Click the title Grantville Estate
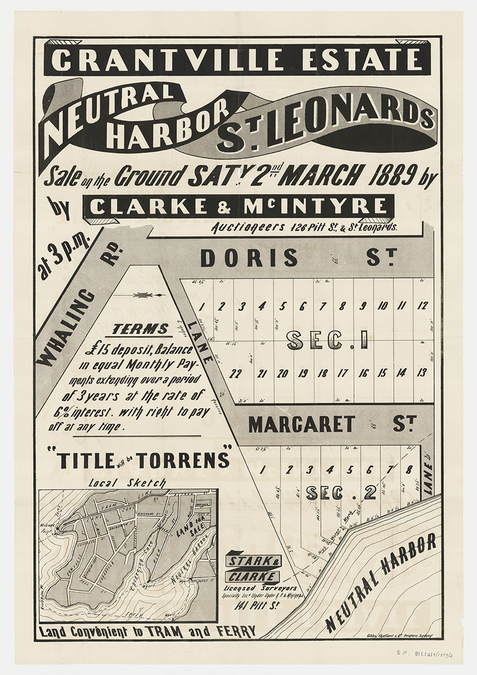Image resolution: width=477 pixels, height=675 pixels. coord(237,60)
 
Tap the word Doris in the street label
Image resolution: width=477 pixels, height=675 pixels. coord(249,258)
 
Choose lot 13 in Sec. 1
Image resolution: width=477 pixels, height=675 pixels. coord(423,372)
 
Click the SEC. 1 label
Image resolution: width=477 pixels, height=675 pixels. coord(327,340)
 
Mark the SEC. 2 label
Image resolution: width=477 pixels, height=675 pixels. coord(341,493)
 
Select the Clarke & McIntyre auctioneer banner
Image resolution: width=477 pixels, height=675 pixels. coord(238,206)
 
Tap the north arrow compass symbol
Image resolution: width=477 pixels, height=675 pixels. coord(147,295)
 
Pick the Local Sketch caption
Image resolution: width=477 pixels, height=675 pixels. coord(128,483)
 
